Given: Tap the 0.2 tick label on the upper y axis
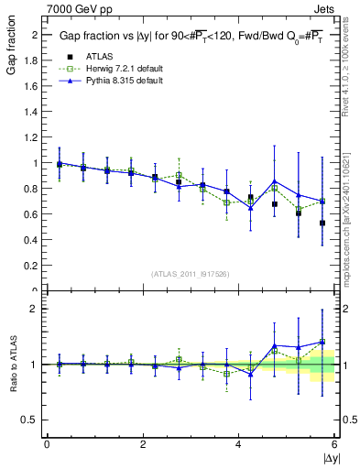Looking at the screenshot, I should (x=35, y=266).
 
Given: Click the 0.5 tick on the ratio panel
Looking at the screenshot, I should (x=35, y=420).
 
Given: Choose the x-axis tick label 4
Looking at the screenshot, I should (x=239, y=444).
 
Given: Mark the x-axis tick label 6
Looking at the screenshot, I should (x=334, y=444).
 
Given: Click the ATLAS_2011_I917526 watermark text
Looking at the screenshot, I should (x=190, y=273).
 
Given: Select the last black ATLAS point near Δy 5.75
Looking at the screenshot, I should (x=322, y=223).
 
